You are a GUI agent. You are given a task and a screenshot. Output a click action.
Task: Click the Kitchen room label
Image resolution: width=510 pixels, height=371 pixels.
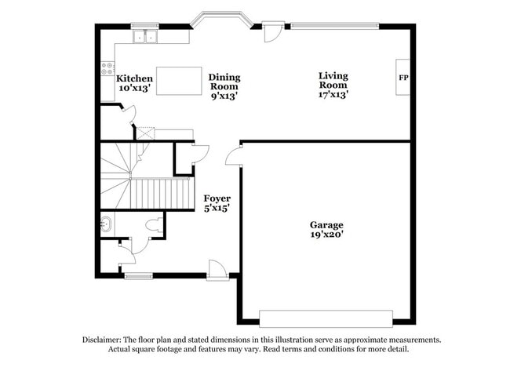tap(134, 78)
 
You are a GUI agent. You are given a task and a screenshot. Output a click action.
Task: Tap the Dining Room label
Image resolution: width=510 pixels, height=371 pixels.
tap(224, 78)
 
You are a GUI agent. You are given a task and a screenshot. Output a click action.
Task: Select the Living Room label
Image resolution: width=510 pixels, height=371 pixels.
tap(333, 76)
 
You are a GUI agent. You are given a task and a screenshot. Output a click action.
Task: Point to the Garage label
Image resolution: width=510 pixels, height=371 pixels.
tap(326, 225)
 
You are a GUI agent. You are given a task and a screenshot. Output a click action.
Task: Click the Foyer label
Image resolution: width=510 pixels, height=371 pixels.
tap(217, 198)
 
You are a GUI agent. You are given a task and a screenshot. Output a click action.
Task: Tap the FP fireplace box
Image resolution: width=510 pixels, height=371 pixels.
tap(403, 78)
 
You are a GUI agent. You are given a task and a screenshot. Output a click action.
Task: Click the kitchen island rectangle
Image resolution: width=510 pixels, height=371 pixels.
tap(179, 81)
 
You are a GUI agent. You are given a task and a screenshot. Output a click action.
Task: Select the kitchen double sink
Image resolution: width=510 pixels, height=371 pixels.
tap(144, 36)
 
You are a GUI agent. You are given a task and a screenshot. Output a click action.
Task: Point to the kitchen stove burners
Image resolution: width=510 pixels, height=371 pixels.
tap(107, 68)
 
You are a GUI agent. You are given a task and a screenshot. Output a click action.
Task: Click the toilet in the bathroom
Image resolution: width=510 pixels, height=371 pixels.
tap(155, 226)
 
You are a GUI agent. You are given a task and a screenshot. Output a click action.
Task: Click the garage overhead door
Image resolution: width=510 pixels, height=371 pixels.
tap(326, 318)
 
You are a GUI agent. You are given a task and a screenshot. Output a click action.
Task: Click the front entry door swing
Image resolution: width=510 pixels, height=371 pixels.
tap(218, 269)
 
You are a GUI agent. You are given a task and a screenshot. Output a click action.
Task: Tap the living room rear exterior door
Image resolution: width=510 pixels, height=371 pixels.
tap(272, 33)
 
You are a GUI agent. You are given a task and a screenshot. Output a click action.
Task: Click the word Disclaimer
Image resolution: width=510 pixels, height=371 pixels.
tap(105, 340)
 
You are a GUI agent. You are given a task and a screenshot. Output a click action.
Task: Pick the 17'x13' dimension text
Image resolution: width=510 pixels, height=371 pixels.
tap(333, 94)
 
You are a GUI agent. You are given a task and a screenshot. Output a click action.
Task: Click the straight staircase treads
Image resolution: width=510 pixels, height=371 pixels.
tap(160, 192)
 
